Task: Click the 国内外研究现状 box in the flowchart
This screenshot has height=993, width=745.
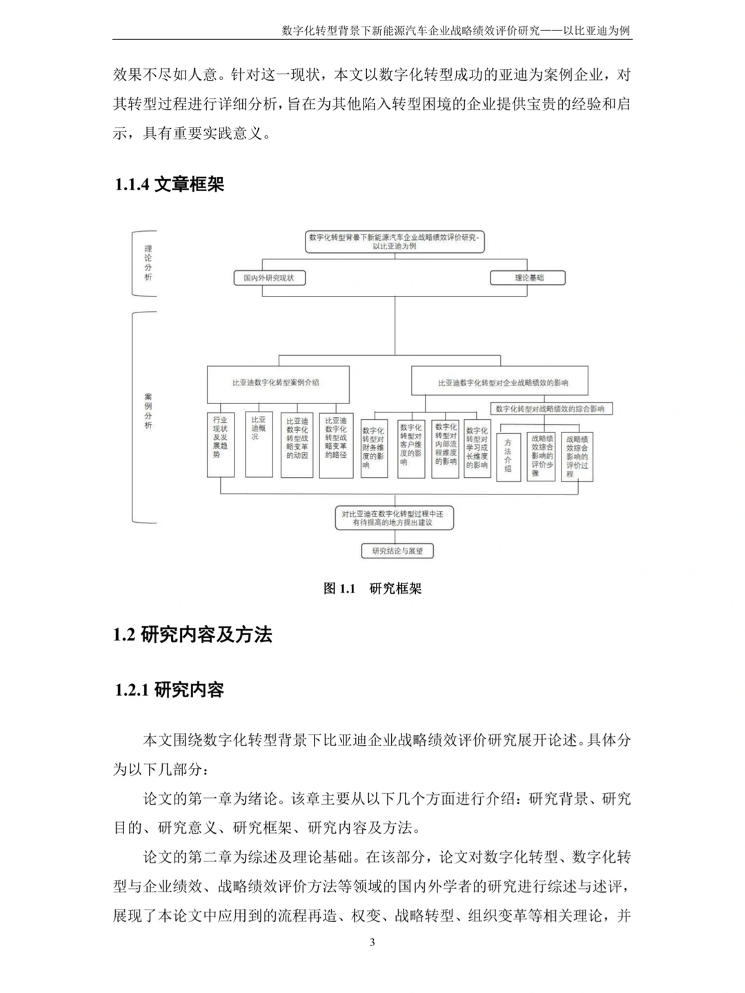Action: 269,278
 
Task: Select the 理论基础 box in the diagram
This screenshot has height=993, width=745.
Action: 528,278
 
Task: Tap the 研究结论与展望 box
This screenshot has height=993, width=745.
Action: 397,551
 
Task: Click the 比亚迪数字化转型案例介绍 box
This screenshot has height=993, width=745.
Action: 277,383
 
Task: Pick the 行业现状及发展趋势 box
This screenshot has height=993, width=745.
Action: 221,445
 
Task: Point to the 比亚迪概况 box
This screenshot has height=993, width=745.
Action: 259,445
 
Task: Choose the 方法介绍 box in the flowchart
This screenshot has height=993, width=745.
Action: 508,455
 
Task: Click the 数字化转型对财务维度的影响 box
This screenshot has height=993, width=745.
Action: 373,448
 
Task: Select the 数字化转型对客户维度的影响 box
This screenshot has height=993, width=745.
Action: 410,448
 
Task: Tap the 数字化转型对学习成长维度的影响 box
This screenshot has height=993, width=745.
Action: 477,448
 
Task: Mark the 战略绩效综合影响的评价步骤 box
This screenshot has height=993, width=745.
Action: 542,455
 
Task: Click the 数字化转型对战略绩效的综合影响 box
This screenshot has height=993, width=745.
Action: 550,409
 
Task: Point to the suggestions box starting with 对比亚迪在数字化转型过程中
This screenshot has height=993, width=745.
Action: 394,518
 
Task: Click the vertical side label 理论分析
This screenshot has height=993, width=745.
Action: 148,263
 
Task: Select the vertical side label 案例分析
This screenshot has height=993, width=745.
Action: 148,412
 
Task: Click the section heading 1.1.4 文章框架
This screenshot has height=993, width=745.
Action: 170,184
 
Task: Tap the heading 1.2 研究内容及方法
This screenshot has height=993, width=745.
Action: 192,634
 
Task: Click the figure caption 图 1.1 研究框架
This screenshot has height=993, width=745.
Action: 372,588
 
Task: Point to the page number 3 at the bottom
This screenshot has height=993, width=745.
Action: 372,943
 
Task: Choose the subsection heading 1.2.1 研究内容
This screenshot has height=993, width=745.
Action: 170,690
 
